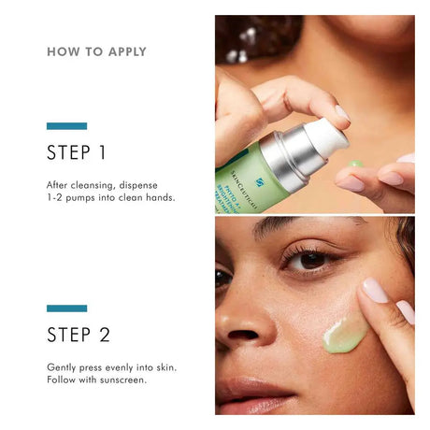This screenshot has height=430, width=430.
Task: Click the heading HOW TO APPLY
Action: (x=96, y=52)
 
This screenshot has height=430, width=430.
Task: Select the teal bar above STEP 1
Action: (x=66, y=125)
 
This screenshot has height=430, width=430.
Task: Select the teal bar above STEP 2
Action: (x=66, y=308)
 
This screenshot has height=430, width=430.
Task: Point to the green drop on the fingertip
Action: (x=355, y=164)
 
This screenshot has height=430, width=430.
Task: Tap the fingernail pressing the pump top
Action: (x=341, y=113)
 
